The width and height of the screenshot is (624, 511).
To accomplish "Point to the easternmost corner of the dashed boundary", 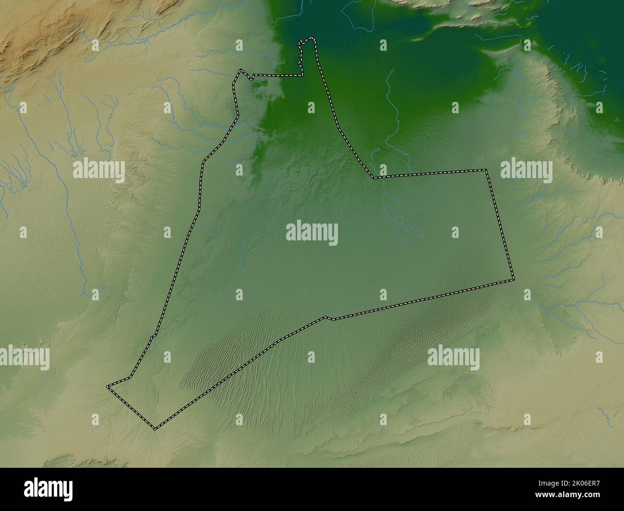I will pos(513,279).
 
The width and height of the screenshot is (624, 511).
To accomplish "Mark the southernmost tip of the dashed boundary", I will pos(155,428).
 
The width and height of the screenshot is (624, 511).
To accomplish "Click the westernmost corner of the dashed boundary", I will pos(108,386).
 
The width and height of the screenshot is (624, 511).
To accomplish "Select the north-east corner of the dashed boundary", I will pos(486,170).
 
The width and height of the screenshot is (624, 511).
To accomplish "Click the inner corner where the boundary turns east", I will pos(373,178).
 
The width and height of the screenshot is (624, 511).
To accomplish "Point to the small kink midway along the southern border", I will pos(326,317).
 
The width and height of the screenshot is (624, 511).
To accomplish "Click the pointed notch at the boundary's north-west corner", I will pos(240,71).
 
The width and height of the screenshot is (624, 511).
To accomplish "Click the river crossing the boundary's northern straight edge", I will pos(383,176).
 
